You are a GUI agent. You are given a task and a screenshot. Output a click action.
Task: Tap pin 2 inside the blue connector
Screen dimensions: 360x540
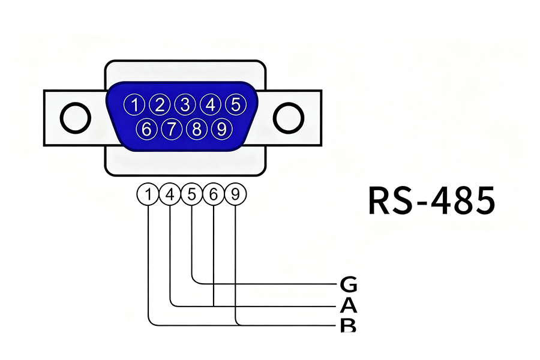(x=160, y=105)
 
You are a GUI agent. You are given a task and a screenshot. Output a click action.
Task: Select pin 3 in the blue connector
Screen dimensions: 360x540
(x=185, y=105)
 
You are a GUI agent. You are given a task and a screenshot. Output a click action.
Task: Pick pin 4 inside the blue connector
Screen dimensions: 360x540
(x=210, y=105)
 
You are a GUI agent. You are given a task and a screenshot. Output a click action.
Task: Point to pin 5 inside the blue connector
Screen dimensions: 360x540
(x=236, y=104)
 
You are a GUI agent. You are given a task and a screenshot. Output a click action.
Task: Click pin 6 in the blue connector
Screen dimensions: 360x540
(x=148, y=128)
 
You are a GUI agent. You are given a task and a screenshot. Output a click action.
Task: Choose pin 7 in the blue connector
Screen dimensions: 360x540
(x=172, y=128)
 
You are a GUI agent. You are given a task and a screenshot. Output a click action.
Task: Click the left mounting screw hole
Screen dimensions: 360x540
(x=76, y=117)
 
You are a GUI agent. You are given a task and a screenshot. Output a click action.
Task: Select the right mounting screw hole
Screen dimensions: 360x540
(x=289, y=117)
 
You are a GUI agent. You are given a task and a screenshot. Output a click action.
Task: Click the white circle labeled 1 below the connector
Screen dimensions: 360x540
(x=148, y=194)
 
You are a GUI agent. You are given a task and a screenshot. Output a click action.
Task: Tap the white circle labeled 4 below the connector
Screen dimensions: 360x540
(x=170, y=194)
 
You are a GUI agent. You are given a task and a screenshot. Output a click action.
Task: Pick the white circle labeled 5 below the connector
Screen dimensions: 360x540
(x=192, y=194)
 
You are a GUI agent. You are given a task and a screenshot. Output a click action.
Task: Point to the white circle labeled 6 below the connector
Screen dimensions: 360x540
(x=214, y=194)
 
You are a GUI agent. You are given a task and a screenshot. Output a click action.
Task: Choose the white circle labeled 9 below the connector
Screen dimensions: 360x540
(x=235, y=194)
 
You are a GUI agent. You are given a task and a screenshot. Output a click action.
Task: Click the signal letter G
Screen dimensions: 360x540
(x=348, y=284)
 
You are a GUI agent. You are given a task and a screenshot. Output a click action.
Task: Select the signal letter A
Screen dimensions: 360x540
(x=348, y=306)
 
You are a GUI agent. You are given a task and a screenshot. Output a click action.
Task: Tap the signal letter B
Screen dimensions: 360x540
(x=348, y=326)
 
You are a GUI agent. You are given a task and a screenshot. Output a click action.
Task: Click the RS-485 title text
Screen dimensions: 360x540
(x=431, y=201)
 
